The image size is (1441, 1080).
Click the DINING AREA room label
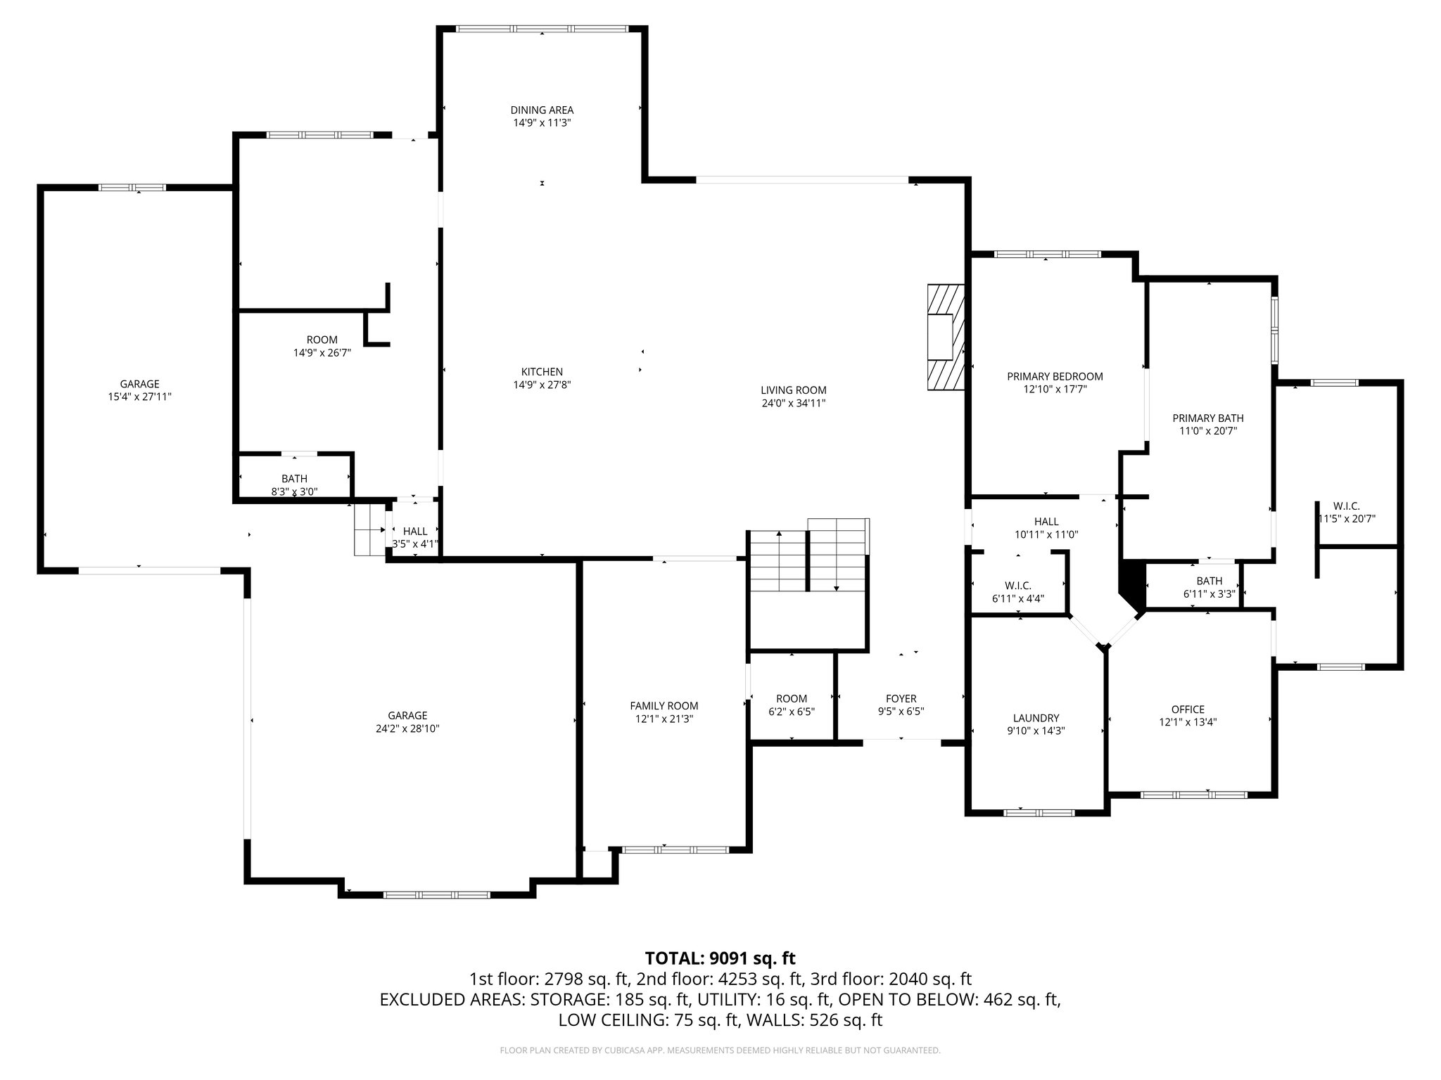[x=542, y=110]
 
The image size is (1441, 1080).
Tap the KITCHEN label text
[x=542, y=372]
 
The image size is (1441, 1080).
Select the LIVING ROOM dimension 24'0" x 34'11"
[x=793, y=404]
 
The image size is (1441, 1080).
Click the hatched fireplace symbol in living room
[x=945, y=337]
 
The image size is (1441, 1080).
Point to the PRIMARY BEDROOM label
[x=1055, y=376]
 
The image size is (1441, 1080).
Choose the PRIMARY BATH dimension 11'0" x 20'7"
[x=1207, y=431]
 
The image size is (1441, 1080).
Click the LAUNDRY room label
[x=1036, y=718]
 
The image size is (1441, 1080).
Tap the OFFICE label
[x=1188, y=709]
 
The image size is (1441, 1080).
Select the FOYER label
[x=901, y=698]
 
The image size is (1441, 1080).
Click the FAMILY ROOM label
[x=664, y=706]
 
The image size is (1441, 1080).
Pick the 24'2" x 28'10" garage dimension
[x=407, y=729]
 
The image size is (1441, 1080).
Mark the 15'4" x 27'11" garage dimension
[x=139, y=397]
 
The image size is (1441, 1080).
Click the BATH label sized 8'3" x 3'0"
[x=294, y=479]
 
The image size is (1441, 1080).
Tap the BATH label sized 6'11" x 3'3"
[x=1209, y=581]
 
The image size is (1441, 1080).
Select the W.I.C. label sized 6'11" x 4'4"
[x=1017, y=586]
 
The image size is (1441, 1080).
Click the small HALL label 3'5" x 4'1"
[x=415, y=532]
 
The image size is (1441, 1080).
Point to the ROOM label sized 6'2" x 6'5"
[x=792, y=698]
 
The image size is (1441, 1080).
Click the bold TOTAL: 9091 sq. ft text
[x=720, y=958]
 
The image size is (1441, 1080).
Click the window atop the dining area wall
[x=542, y=29]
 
